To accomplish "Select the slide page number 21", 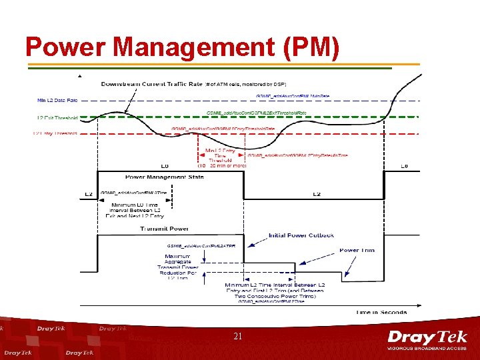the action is tap(237, 337).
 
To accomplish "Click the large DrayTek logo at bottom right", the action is tap(427, 337).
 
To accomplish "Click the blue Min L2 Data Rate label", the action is tap(58, 100).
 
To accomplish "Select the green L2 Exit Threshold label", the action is tap(57, 117).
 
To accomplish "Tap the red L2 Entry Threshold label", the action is tap(55, 133).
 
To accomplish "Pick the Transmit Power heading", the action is tap(163, 229).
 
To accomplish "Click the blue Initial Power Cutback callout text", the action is tap(301, 235).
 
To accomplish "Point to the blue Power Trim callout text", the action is tap(357, 250).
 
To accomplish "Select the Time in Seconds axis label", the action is tap(381, 311).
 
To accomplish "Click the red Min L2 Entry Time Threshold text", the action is tap(221, 155).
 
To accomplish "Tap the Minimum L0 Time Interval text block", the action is tap(136, 209).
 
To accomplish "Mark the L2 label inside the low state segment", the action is tap(317, 194).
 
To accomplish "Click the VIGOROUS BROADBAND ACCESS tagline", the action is tap(427, 349).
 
